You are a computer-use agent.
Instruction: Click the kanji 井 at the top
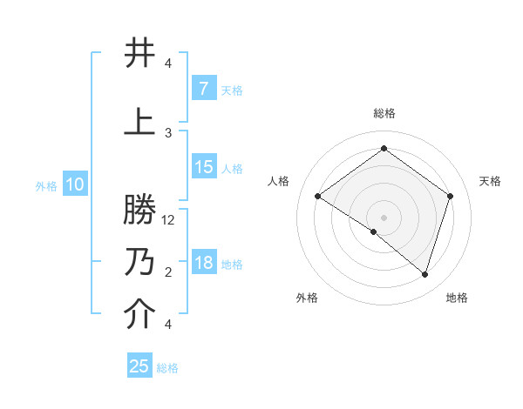(x=140, y=54)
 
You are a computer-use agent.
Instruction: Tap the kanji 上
(x=140, y=121)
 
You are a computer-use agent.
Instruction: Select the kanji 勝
(x=140, y=212)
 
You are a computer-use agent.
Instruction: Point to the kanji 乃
(x=140, y=262)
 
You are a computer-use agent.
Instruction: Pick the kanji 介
(x=140, y=315)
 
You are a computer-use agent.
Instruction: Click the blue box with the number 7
(x=203, y=89)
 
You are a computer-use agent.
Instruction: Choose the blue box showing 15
(x=204, y=167)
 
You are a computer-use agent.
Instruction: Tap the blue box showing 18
(x=204, y=264)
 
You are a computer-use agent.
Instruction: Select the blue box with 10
(x=75, y=184)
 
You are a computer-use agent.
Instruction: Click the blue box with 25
(x=139, y=366)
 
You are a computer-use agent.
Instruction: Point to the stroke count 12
(x=169, y=220)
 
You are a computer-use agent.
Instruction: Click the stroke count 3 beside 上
(x=168, y=132)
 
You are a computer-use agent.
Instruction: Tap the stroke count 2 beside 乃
(x=168, y=272)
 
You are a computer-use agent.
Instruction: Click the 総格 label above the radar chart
(x=384, y=114)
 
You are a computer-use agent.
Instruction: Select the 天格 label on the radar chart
(x=490, y=181)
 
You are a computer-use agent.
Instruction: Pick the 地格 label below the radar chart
(x=457, y=298)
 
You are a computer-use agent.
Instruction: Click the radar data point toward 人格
(x=318, y=197)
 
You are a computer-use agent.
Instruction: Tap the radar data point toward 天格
(x=450, y=196)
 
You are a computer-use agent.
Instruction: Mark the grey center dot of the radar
(x=384, y=217)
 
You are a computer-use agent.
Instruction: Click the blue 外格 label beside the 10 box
(x=46, y=185)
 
